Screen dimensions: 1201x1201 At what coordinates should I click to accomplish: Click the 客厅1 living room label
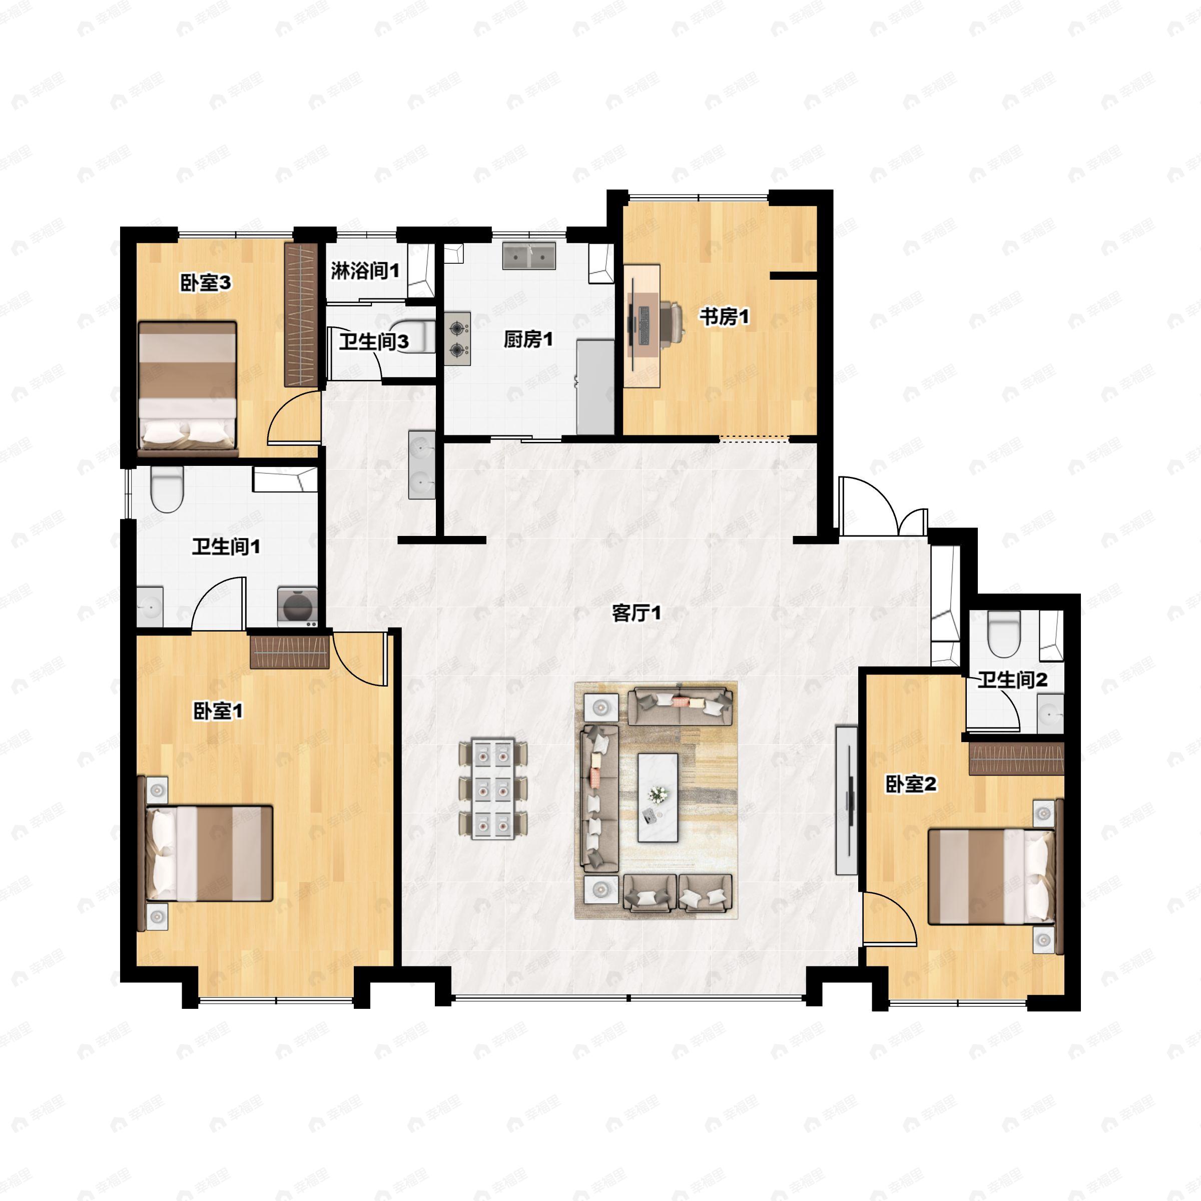(636, 614)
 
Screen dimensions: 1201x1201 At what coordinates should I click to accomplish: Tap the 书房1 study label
(724, 317)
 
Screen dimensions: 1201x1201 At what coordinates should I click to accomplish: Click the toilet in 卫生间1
(167, 489)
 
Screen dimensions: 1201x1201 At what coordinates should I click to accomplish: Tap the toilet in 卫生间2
(1004, 634)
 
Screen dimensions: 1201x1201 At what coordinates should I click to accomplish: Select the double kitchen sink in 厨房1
(529, 256)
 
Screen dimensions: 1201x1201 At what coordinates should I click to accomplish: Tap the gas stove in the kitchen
(457, 339)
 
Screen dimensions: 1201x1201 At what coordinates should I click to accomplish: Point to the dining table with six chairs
(493, 788)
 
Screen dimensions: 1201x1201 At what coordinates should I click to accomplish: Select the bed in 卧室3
(188, 388)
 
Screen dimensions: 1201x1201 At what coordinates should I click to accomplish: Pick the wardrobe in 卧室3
(301, 314)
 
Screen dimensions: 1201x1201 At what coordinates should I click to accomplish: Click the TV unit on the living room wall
(847, 799)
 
